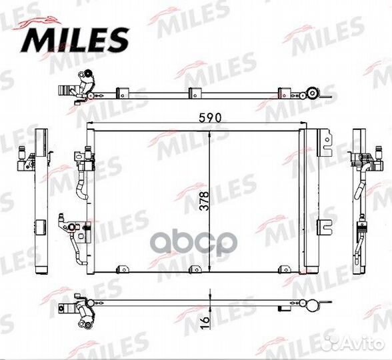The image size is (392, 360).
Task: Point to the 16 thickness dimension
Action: tap(205, 323)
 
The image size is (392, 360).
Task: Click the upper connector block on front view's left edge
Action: tap(85, 157)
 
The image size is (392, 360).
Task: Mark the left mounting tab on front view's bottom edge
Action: tap(121, 269)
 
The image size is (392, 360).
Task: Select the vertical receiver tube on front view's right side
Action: tap(303, 200)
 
